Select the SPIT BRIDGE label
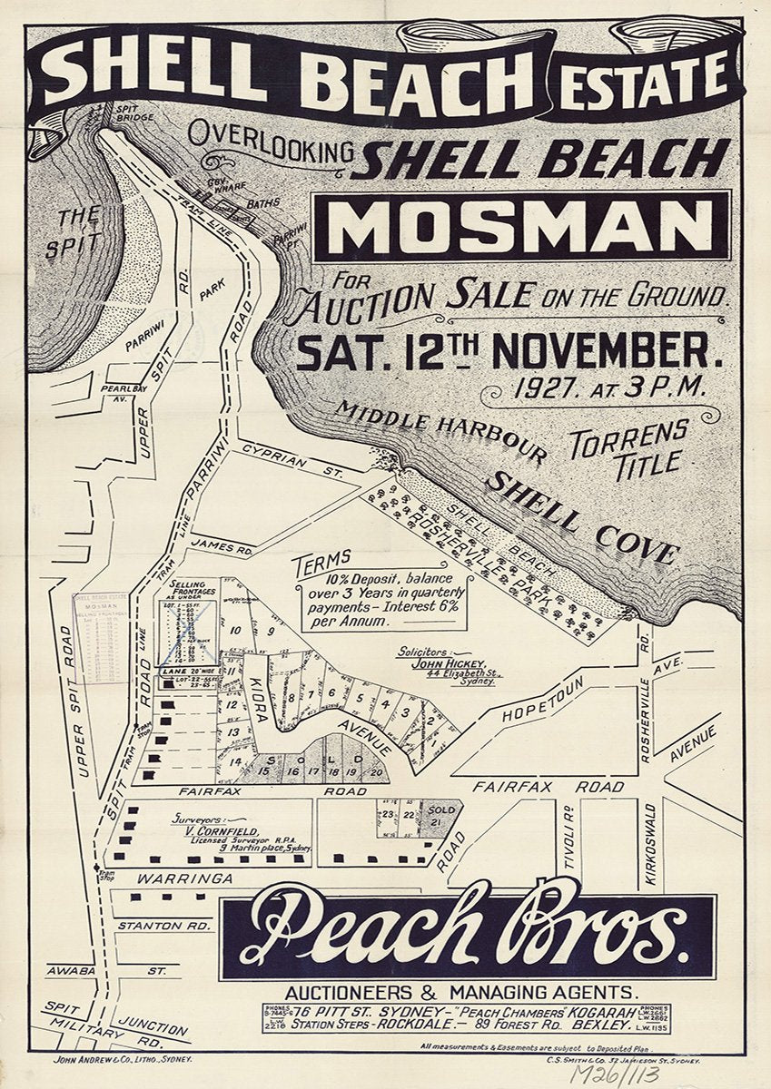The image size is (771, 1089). pos(134,113)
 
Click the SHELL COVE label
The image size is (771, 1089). pos(581,518)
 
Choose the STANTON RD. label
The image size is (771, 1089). pos(164,926)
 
